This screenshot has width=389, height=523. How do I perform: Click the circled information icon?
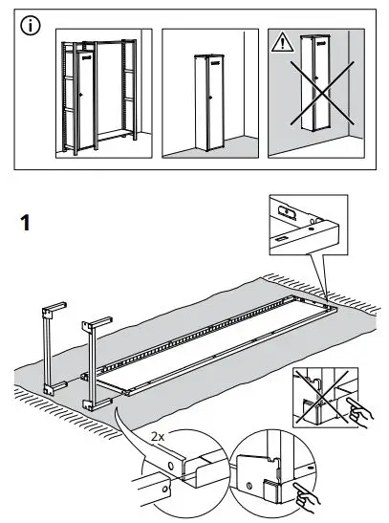(x=32, y=27)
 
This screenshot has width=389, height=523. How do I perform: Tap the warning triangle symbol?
(x=284, y=43)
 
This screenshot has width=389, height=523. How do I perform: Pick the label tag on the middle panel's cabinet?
(x=212, y=57)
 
